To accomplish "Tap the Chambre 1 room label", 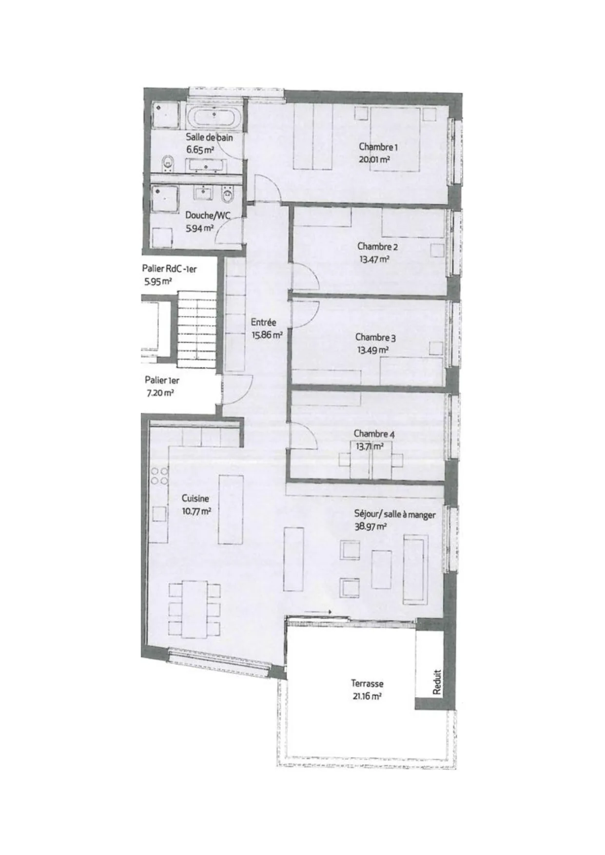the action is pos(378,147).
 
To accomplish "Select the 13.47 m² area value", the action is pos(374,259).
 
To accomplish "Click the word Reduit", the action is pos(436,682).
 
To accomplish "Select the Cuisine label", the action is pos(195,498).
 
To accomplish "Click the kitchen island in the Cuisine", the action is pos(231,509).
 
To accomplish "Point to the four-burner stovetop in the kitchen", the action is pos(159,476).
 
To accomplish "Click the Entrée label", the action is pos(263,322).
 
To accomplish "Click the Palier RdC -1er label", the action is pos(169,269).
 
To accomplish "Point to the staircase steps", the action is pos(196,332).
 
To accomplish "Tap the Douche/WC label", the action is pos(208,215).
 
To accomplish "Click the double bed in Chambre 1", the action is pos(394,139).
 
